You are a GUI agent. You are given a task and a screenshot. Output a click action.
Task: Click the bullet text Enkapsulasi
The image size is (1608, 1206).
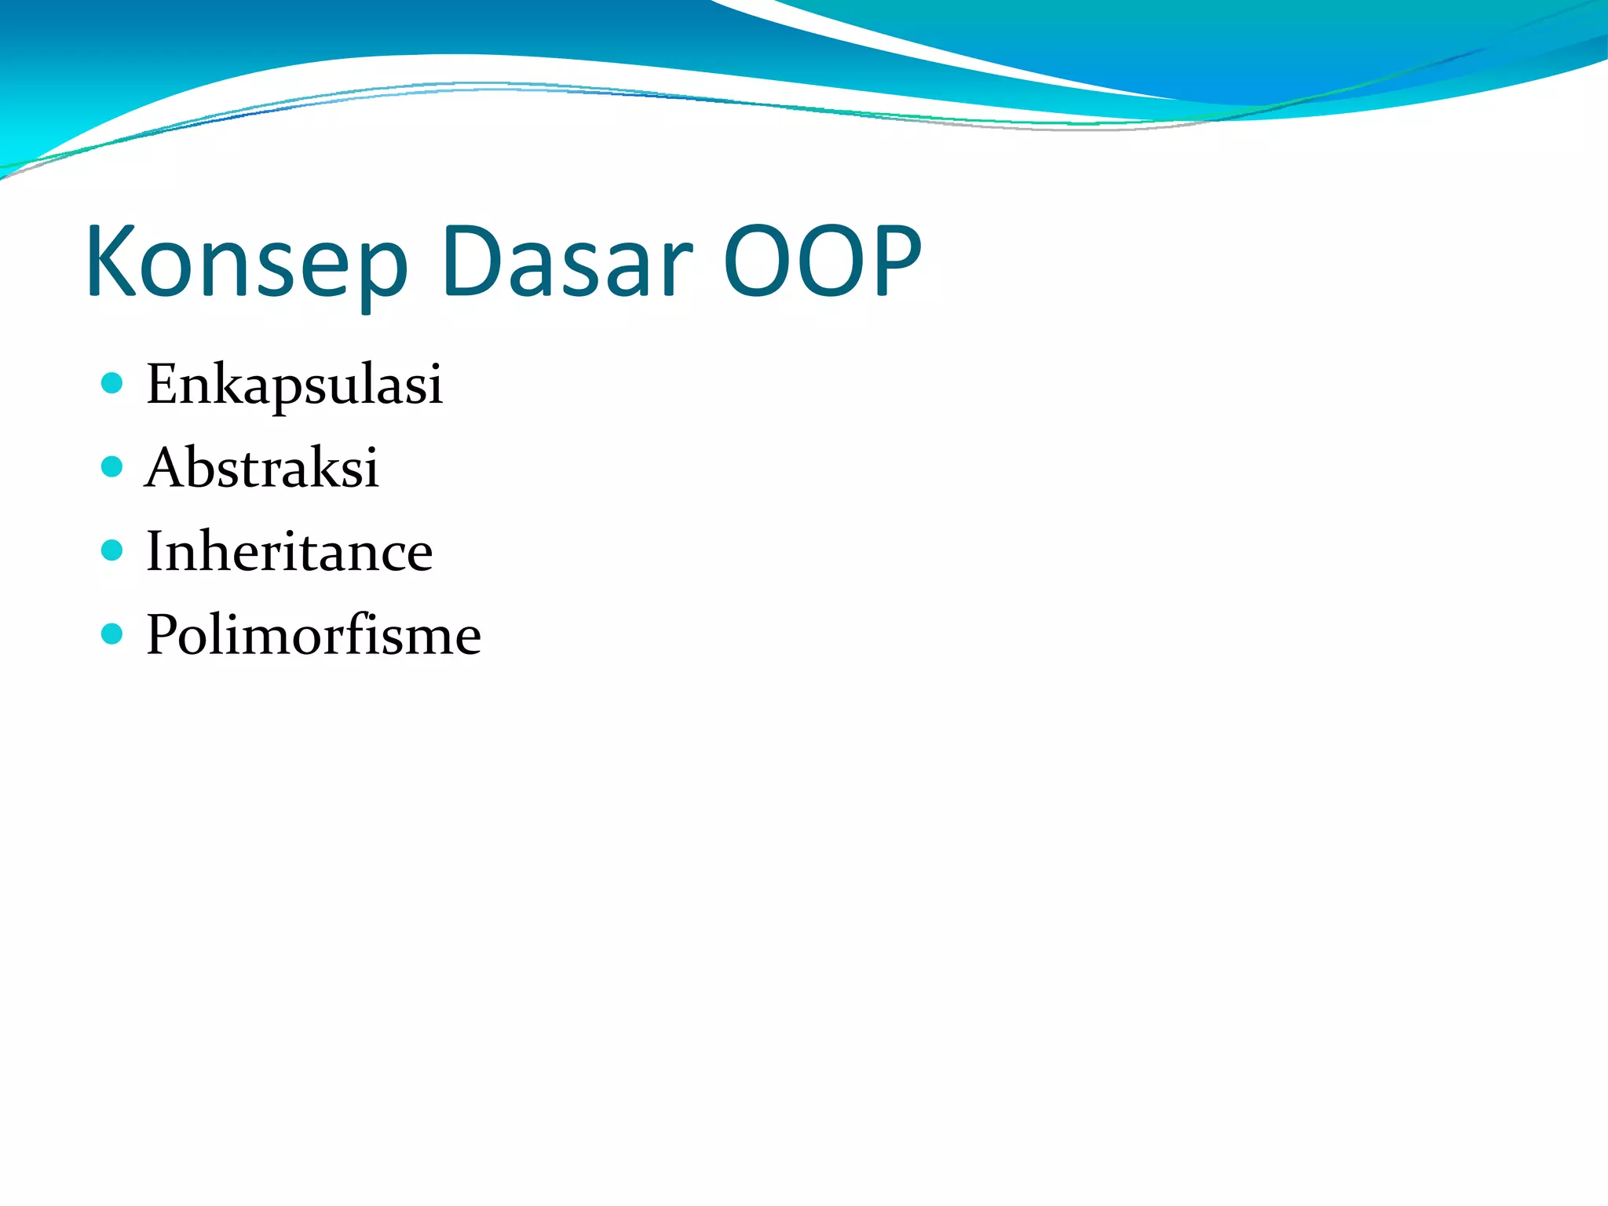[x=294, y=385]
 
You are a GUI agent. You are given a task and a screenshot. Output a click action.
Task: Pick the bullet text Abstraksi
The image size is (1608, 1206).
[x=262, y=468]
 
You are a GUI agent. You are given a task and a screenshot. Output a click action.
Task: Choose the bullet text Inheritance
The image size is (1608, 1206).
[x=289, y=551]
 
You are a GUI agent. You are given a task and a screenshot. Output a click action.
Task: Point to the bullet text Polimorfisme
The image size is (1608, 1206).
[x=313, y=634]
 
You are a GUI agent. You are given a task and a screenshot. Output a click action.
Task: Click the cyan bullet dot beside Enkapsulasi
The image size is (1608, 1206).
[x=112, y=383]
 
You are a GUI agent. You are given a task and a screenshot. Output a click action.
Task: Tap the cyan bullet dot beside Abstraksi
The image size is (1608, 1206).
[x=112, y=467]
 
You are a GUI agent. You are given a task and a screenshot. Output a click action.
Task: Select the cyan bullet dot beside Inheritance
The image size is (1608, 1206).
[x=112, y=550]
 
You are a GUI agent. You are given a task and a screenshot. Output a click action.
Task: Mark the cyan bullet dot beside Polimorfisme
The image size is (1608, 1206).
[x=112, y=634]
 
